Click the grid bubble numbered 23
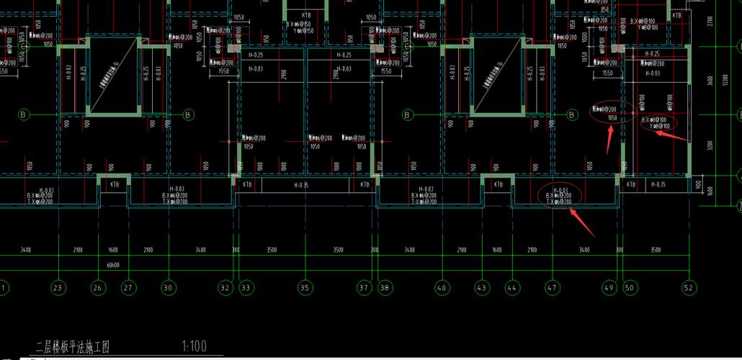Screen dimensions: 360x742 [x=58, y=287]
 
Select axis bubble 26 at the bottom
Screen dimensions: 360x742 [x=98, y=287]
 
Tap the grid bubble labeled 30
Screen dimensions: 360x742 [x=169, y=287]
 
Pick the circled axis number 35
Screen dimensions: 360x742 [x=305, y=287]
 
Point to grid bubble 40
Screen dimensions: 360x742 [x=442, y=287]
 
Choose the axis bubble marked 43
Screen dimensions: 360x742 [x=481, y=287]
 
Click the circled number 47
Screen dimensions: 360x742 [x=552, y=287]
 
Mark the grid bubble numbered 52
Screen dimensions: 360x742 [x=689, y=287]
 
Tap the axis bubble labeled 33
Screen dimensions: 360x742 [x=246, y=287]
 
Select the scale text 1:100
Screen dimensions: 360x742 [x=195, y=347]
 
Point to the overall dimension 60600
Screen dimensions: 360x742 [x=113, y=264]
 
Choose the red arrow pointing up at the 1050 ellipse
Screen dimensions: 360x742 [x=609, y=140]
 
